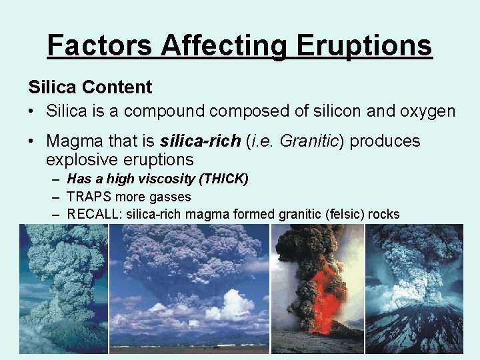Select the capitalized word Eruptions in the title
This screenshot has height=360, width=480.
365,45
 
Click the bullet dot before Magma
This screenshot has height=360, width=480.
33,141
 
